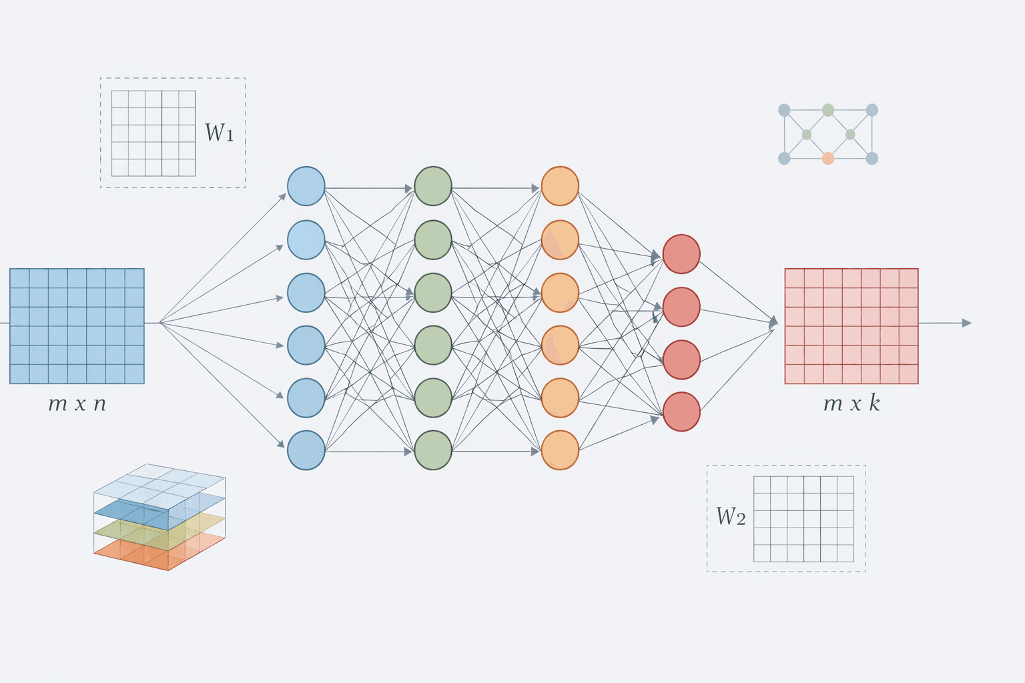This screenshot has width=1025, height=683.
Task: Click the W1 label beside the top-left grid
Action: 219,133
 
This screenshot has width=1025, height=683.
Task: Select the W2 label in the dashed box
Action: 730,516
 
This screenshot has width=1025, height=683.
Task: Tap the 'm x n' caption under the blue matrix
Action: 77,404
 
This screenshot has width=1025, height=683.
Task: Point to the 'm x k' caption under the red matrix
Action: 851,404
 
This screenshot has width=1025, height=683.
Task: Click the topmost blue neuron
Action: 306,186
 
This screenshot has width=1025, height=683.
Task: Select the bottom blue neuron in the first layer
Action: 306,450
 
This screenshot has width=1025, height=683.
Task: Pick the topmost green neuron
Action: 433,186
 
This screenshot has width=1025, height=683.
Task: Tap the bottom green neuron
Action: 433,450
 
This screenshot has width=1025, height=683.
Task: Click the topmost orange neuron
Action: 560,186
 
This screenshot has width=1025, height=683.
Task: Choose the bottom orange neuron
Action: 560,450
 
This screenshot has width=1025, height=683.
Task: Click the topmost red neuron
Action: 681,254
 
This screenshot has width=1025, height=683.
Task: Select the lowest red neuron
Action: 681,412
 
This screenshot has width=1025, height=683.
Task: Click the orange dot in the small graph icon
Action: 828,158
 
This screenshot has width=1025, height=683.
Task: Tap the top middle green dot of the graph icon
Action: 828,110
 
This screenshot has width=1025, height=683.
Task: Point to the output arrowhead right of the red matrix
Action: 967,323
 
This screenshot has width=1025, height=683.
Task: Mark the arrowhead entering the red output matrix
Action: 774,322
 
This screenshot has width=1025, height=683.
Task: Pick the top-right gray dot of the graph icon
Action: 872,110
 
